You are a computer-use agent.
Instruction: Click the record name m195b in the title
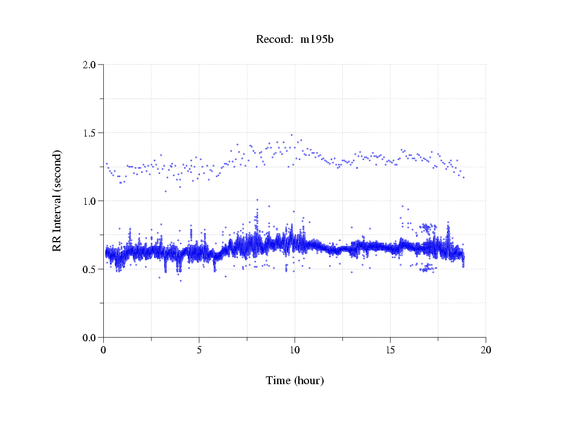317,40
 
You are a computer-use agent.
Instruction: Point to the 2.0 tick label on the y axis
89,65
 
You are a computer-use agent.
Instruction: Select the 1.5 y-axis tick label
89,133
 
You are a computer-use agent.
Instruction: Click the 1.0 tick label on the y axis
89,201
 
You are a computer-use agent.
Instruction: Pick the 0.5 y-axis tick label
89,269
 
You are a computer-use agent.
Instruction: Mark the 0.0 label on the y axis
89,338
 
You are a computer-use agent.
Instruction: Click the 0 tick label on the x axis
104,350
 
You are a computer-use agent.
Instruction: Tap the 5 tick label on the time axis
199,350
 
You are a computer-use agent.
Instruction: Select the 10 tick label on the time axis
295,350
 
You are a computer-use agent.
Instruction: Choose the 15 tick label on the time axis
390,350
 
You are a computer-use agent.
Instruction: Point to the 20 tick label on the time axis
485,350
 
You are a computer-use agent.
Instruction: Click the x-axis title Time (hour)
295,381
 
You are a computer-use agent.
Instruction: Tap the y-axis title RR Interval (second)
57,201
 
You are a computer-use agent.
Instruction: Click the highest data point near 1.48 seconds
292,135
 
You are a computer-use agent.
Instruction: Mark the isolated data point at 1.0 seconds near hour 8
257,200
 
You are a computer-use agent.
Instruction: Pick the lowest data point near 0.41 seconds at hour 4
181,281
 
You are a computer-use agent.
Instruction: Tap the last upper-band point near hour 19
464,177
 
